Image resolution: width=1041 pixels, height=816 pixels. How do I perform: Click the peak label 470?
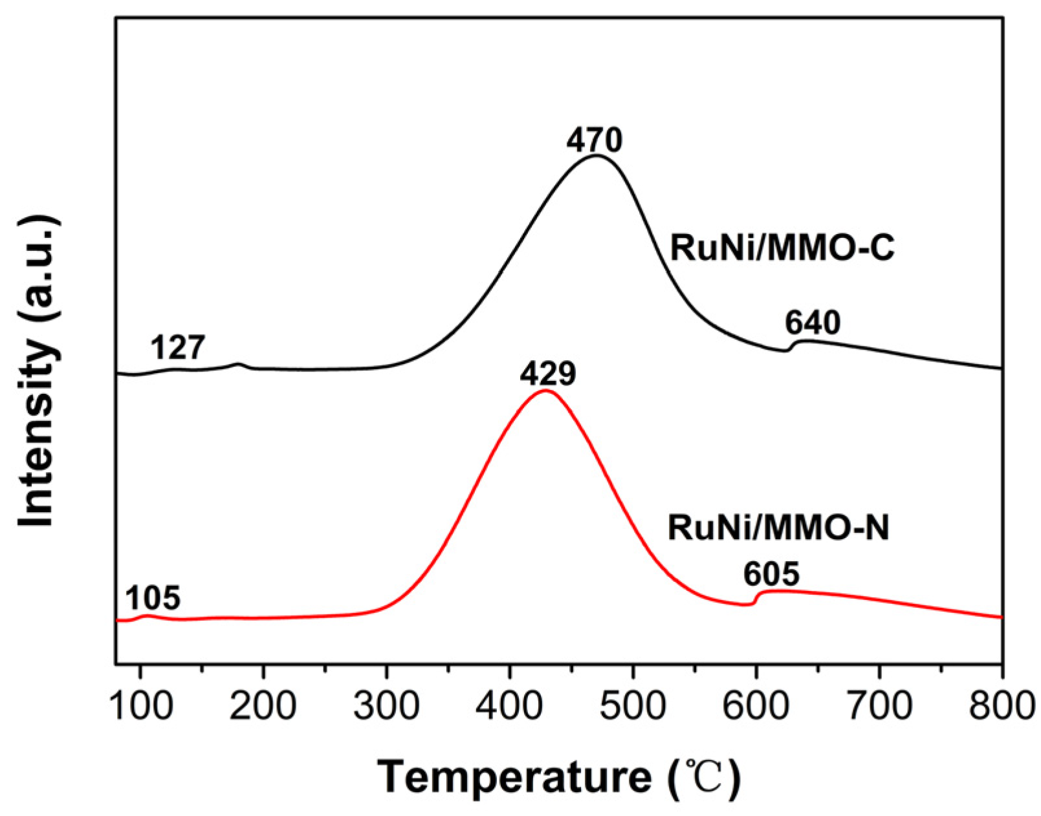pyautogui.click(x=594, y=140)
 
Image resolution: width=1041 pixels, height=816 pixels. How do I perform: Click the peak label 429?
pyautogui.click(x=547, y=374)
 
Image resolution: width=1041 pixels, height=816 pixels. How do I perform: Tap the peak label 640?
pyautogui.click(x=813, y=323)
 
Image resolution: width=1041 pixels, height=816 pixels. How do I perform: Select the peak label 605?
pyautogui.click(x=771, y=574)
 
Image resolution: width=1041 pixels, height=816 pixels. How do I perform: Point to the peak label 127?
pyautogui.click(x=178, y=349)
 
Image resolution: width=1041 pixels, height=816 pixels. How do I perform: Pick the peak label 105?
pyautogui.click(x=153, y=598)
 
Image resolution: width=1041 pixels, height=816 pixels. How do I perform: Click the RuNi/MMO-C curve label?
pyautogui.click(x=782, y=247)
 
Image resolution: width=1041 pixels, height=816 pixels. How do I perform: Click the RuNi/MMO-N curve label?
pyautogui.click(x=778, y=527)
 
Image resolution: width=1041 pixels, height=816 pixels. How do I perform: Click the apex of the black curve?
pyautogui.click(x=597, y=155)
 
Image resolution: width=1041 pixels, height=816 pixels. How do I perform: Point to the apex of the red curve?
pyautogui.click(x=545, y=391)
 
